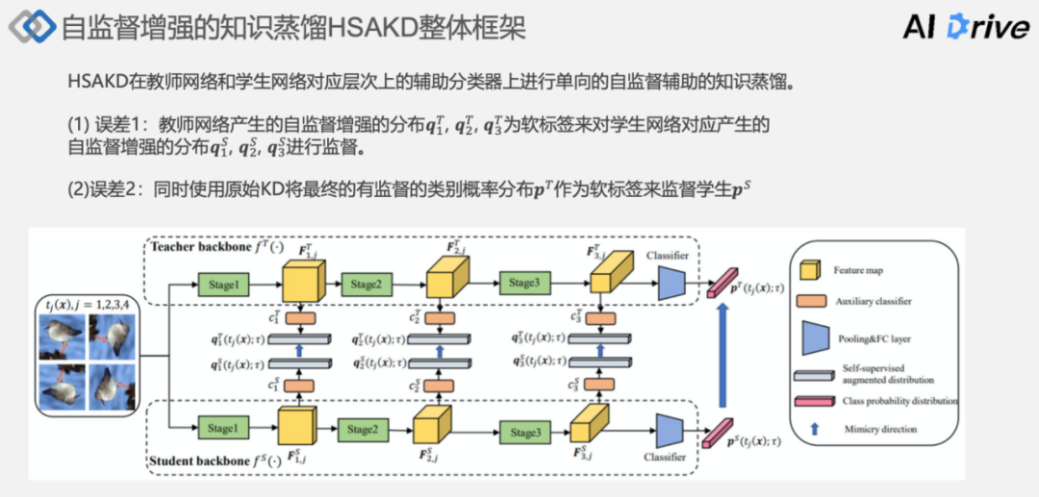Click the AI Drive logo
tap(966, 27)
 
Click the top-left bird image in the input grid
tap(62, 338)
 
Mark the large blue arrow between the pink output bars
tap(721, 356)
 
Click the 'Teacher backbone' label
tap(199, 248)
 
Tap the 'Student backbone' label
tap(198, 460)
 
